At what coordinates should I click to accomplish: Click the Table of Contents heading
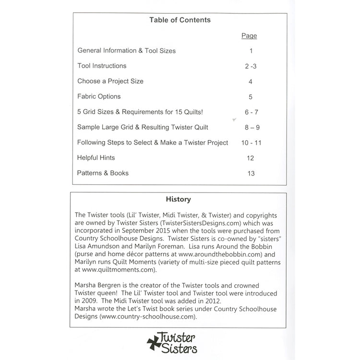pos(180,20)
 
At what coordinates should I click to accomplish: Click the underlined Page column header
pos(249,36)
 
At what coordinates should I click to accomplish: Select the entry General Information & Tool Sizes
pos(126,50)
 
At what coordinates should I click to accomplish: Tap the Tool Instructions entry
pos(102,66)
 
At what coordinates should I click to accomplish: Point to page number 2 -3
pos(250,66)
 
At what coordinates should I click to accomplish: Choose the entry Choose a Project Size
pos(110,81)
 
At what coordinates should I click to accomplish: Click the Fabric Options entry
pos(99,96)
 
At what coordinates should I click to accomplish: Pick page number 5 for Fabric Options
pos(250,97)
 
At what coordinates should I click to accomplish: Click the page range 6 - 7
pos(251,112)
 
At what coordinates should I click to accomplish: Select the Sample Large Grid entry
pos(143,127)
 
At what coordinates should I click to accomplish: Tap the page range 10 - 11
pos(252,143)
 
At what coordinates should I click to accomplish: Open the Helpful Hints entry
pos(96,158)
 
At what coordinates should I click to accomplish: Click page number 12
pos(251,158)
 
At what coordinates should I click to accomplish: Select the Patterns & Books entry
pos(103,173)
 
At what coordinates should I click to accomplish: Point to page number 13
pos(251,174)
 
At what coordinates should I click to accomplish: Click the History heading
pos(178,199)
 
